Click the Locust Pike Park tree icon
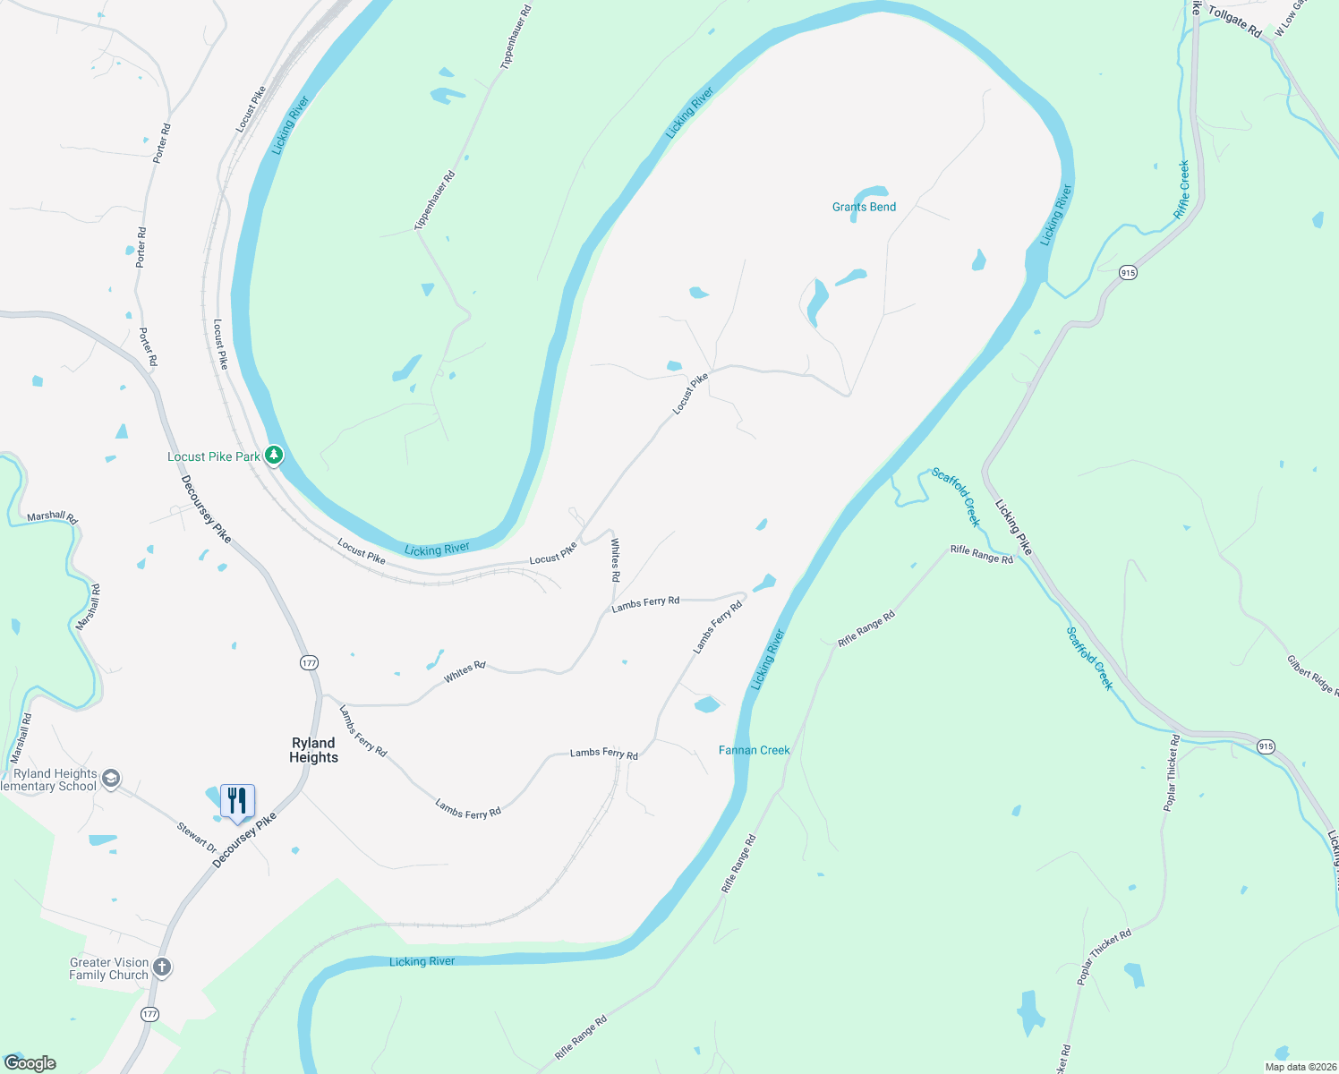tap(274, 456)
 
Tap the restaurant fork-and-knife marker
tap(237, 800)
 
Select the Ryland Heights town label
tap(313, 750)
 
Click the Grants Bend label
tap(864, 207)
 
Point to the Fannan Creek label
tap(754, 750)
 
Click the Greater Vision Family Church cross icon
tap(162, 967)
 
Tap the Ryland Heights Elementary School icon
tap(111, 779)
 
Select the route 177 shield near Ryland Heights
tap(309, 662)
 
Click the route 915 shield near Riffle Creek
tap(1128, 272)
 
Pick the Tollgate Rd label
tap(1234, 22)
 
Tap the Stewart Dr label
tap(197, 838)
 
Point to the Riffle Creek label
tap(1182, 190)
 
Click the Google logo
tap(30, 1063)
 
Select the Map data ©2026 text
tap(1298, 1067)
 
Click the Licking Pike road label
tap(1014, 527)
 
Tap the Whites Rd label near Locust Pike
tap(615, 559)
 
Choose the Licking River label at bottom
tap(422, 961)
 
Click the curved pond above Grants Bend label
tap(870, 193)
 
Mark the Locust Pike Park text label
tap(213, 456)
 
